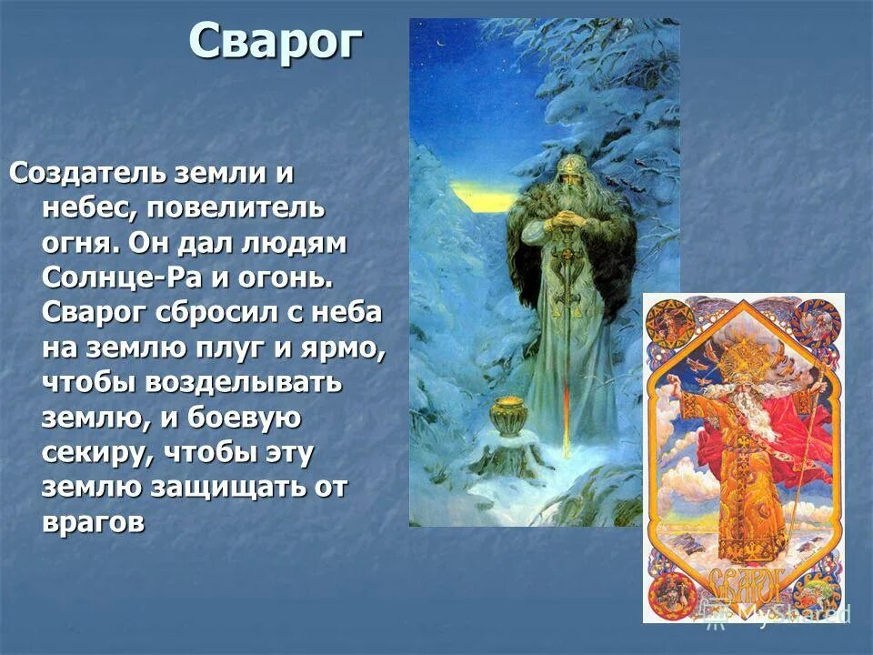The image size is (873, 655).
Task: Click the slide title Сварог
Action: pos(276,43)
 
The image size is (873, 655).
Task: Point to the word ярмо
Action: pos(343,347)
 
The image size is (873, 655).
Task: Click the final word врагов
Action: pos(94,522)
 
